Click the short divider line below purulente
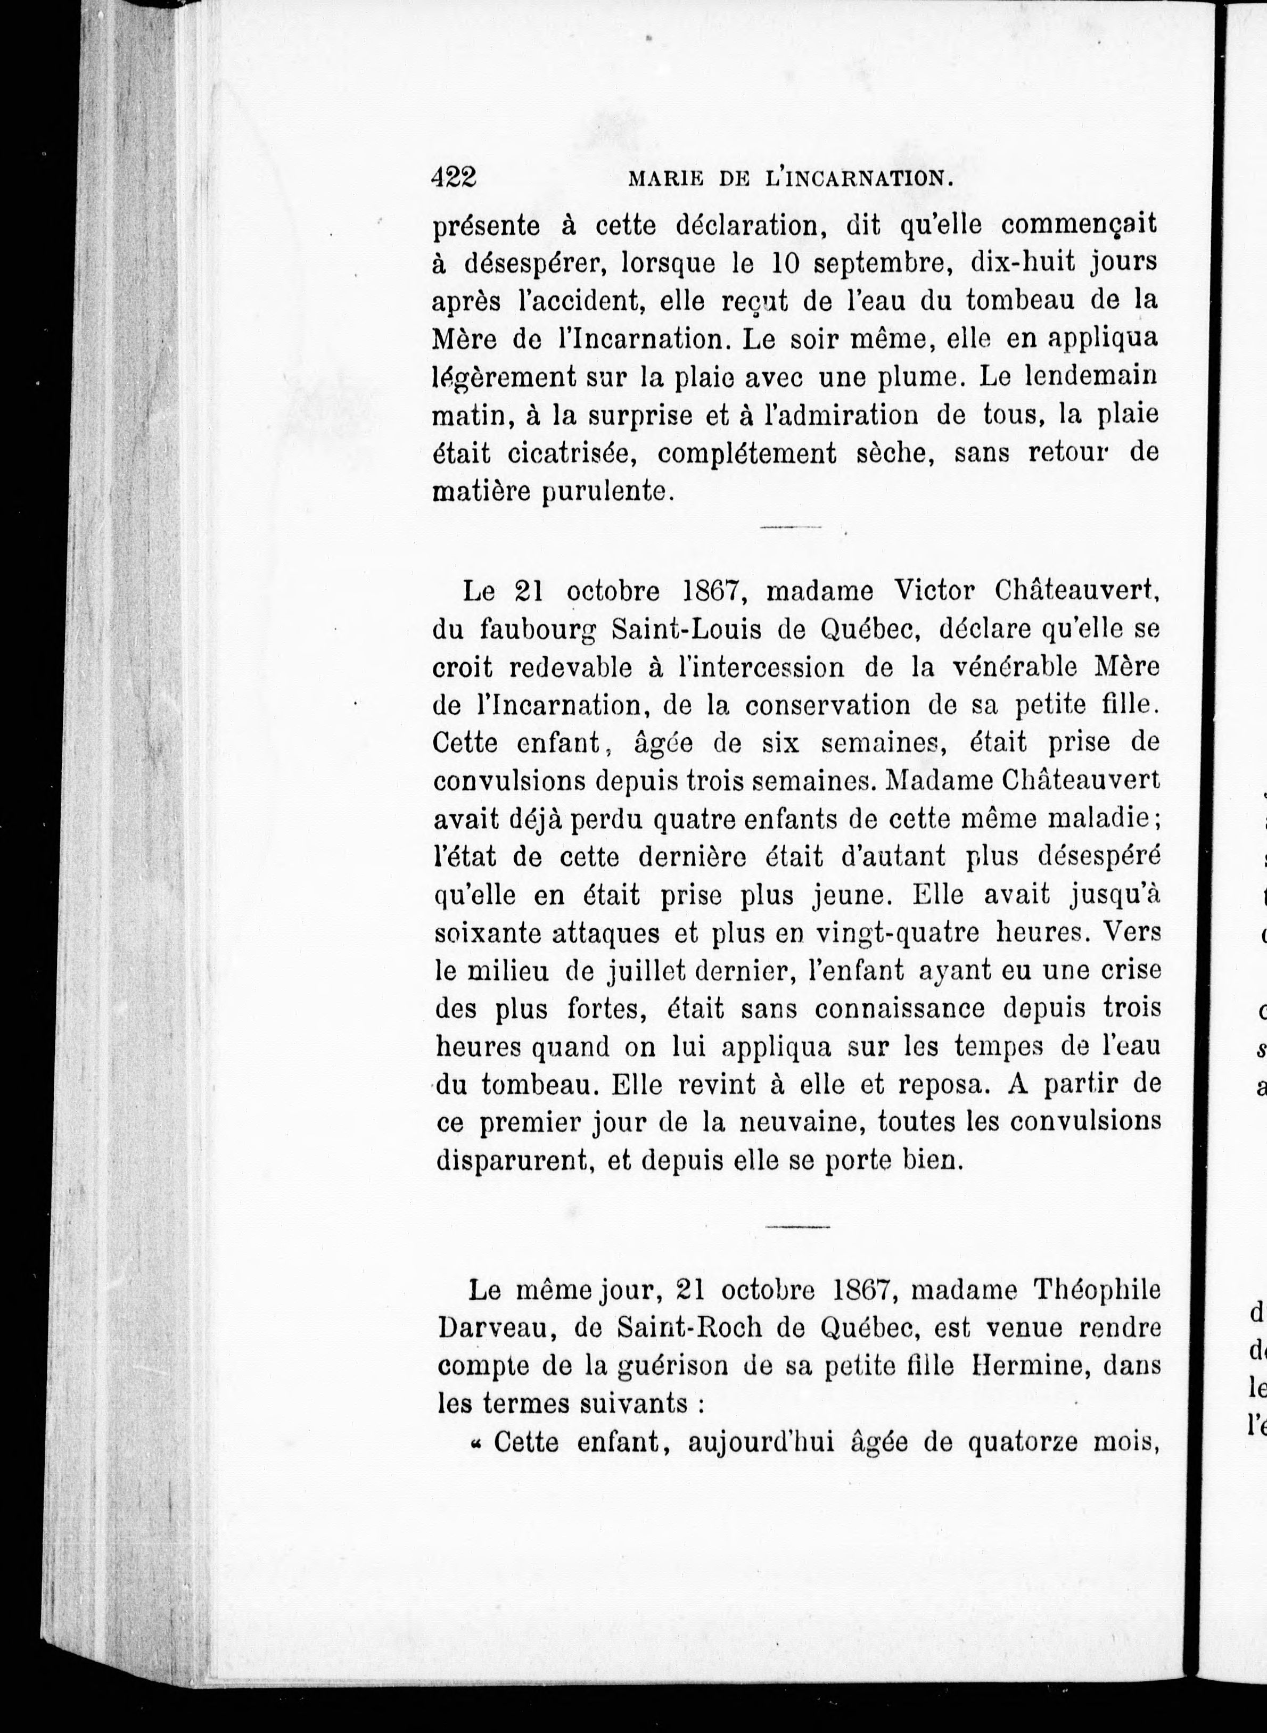point(791,527)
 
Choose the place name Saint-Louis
point(676,630)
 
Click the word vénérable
point(1016,667)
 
